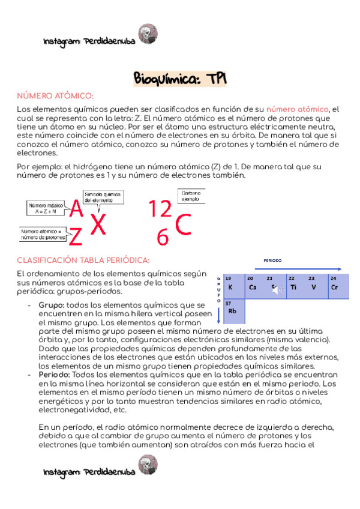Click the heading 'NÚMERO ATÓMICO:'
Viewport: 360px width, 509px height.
point(55,96)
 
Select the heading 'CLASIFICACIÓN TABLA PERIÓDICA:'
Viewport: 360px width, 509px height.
point(83,260)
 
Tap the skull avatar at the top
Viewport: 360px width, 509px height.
point(148,34)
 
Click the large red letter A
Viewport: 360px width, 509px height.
point(76,209)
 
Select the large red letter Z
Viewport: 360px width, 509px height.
point(75,238)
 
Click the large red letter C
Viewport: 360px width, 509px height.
point(184,225)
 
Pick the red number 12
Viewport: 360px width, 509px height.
point(160,209)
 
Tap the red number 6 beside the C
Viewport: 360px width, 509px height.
point(162,238)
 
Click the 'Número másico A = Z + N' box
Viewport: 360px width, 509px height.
point(46,208)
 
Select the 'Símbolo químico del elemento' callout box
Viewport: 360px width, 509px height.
point(103,197)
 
